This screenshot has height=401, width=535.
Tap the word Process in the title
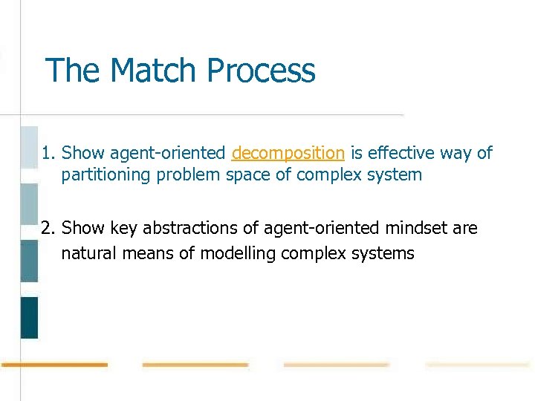(262, 71)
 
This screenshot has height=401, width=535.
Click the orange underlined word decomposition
(288, 154)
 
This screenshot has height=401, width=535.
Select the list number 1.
(48, 154)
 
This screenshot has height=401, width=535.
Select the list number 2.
(48, 228)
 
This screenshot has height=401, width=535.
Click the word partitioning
(104, 175)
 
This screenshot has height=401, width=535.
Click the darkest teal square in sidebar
(29, 317)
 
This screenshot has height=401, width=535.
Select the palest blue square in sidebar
(29, 147)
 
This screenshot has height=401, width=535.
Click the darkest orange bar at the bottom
(54, 365)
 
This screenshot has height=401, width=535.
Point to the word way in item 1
(460, 154)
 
